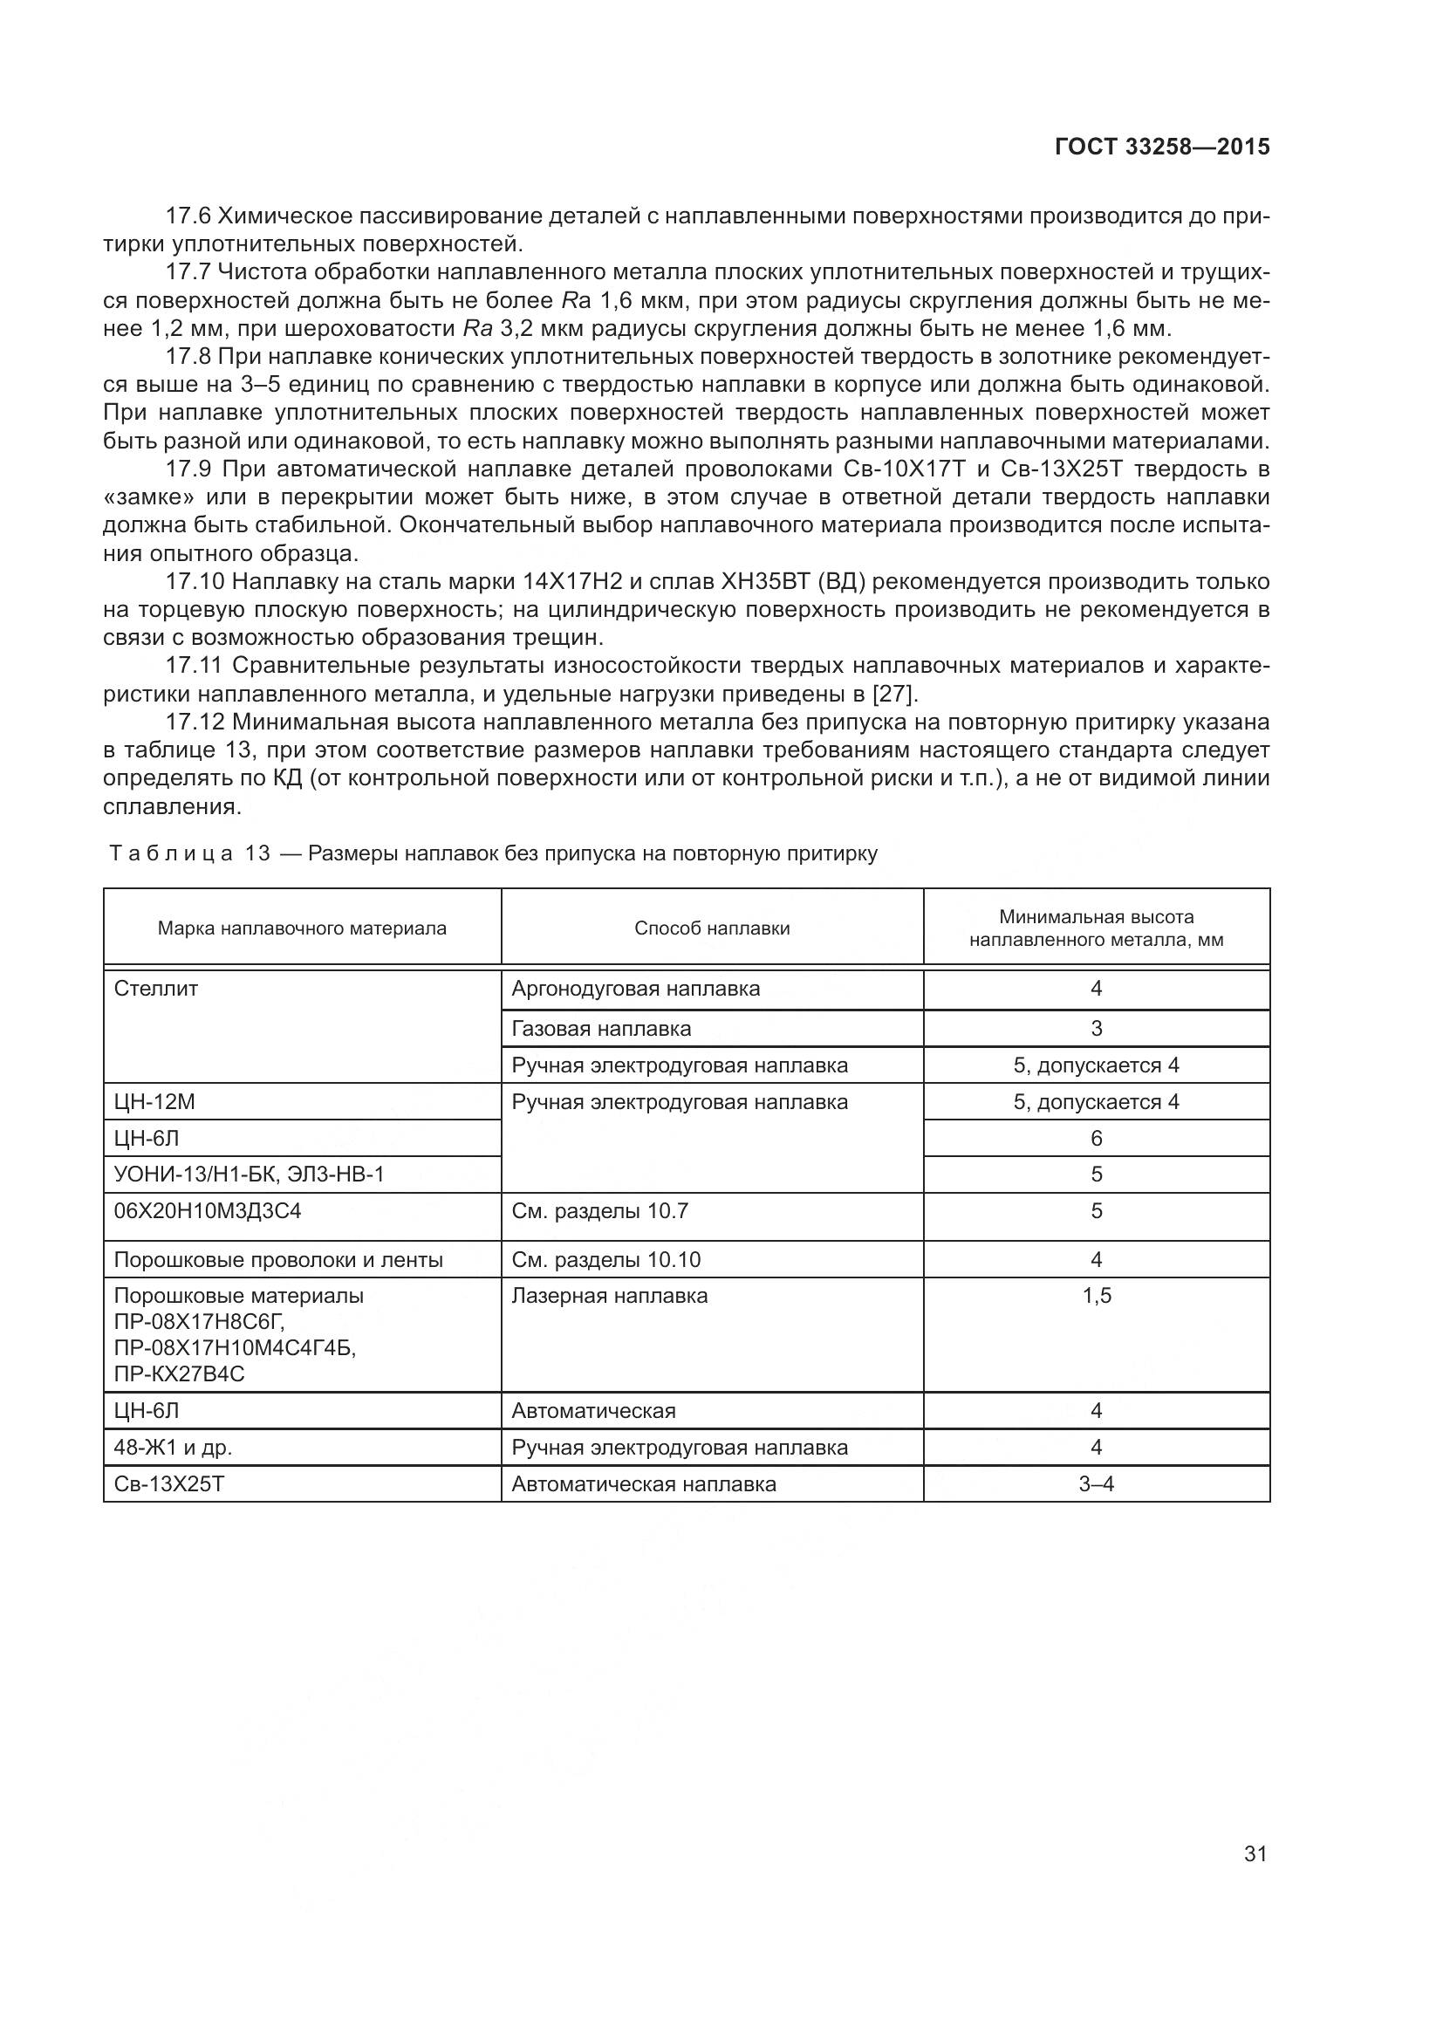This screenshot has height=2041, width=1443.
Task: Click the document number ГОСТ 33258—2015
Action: (x=1161, y=147)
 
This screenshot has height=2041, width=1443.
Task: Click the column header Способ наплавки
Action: (x=712, y=928)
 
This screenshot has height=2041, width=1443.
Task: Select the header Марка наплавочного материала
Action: (x=302, y=928)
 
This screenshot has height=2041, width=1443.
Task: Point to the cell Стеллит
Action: (x=156, y=989)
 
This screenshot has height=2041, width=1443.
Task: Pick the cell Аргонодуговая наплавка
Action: (x=636, y=989)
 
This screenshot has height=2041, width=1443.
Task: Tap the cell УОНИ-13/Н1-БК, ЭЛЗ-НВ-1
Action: (x=250, y=1175)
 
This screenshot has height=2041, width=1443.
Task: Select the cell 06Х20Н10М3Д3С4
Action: (x=208, y=1211)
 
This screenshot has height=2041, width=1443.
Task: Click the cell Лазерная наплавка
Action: (x=611, y=1295)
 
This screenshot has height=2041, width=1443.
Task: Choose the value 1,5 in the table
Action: (x=1097, y=1295)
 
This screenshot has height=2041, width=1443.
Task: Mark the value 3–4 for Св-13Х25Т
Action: (x=1097, y=1483)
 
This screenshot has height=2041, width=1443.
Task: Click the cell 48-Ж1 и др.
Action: (x=174, y=1447)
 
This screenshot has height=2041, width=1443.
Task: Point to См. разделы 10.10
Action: (x=607, y=1260)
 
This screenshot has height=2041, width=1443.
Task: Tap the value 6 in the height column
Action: (x=1097, y=1138)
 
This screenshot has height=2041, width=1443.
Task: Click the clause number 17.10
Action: (x=195, y=581)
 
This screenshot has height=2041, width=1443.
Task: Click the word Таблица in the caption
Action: (x=171, y=854)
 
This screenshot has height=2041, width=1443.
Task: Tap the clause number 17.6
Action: (x=189, y=216)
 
